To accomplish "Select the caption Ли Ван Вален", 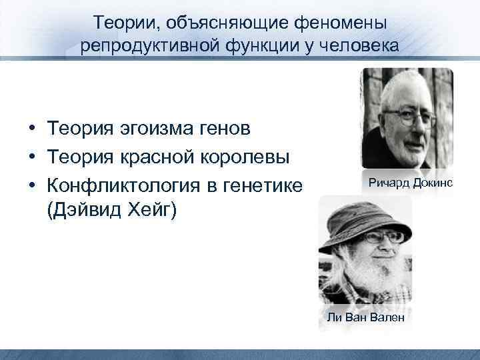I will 365,317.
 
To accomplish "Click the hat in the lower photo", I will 360,217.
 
